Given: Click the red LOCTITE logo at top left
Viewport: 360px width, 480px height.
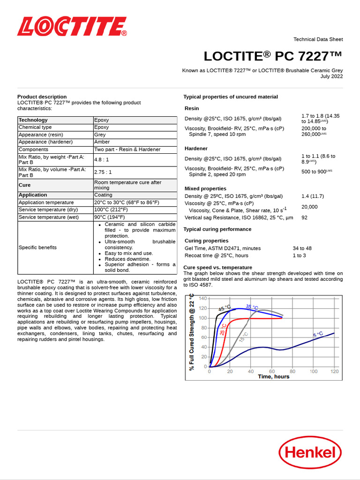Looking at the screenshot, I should coord(72,27).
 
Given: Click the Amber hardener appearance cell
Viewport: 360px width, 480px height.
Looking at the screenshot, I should coord(102,142).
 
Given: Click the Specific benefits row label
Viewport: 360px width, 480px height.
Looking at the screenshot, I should coord(37,247).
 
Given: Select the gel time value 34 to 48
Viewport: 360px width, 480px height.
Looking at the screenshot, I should coord(302,248).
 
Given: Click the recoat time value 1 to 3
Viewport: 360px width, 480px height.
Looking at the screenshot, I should coord(299,255).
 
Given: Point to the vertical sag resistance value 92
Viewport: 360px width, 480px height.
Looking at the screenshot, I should coord(304,217).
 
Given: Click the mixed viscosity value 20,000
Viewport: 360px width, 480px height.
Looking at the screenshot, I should coord(309,207).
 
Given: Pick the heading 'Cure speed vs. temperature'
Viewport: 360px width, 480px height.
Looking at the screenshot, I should coord(214,267).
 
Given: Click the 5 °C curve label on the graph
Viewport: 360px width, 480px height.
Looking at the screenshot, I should coord(318,334).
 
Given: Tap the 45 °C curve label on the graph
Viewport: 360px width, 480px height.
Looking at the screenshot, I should coord(225,308).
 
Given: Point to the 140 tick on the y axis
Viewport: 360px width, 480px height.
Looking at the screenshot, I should coord(202,298).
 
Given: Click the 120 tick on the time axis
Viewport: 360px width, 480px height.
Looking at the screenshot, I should coord(334,371).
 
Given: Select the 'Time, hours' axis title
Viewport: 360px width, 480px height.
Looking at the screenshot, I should coord(274,377).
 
